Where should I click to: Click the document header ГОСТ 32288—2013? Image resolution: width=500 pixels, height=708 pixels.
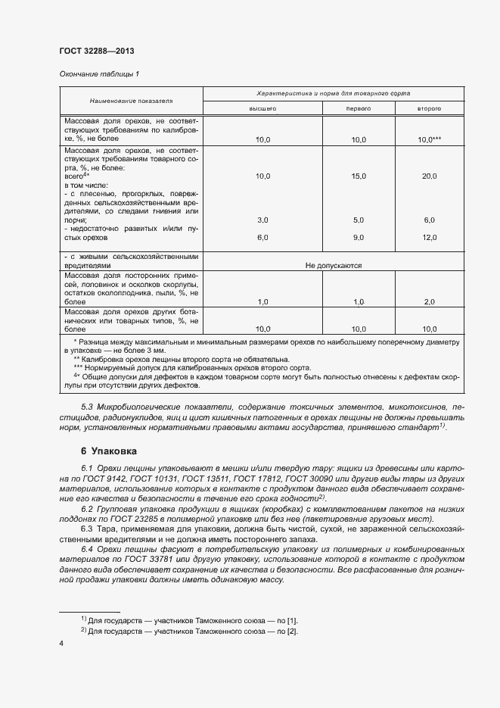(x=96, y=51)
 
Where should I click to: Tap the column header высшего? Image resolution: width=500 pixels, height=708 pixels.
(x=263, y=109)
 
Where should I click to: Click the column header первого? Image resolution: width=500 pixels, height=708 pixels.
(x=358, y=109)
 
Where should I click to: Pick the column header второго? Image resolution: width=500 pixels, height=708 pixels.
(x=429, y=109)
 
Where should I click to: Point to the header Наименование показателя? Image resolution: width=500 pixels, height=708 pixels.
(x=132, y=100)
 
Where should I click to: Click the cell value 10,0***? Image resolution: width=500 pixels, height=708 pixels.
(x=429, y=140)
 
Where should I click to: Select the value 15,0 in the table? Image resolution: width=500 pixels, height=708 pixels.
(x=358, y=176)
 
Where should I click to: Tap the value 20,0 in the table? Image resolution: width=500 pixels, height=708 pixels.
(x=429, y=176)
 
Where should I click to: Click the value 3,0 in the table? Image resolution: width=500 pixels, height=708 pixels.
(x=263, y=220)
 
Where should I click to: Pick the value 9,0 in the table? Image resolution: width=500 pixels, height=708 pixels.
(x=358, y=237)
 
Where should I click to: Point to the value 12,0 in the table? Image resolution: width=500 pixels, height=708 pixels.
(x=429, y=237)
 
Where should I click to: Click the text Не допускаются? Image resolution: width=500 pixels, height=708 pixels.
(x=334, y=266)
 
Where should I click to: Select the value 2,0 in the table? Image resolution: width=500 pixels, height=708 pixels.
(x=429, y=302)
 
